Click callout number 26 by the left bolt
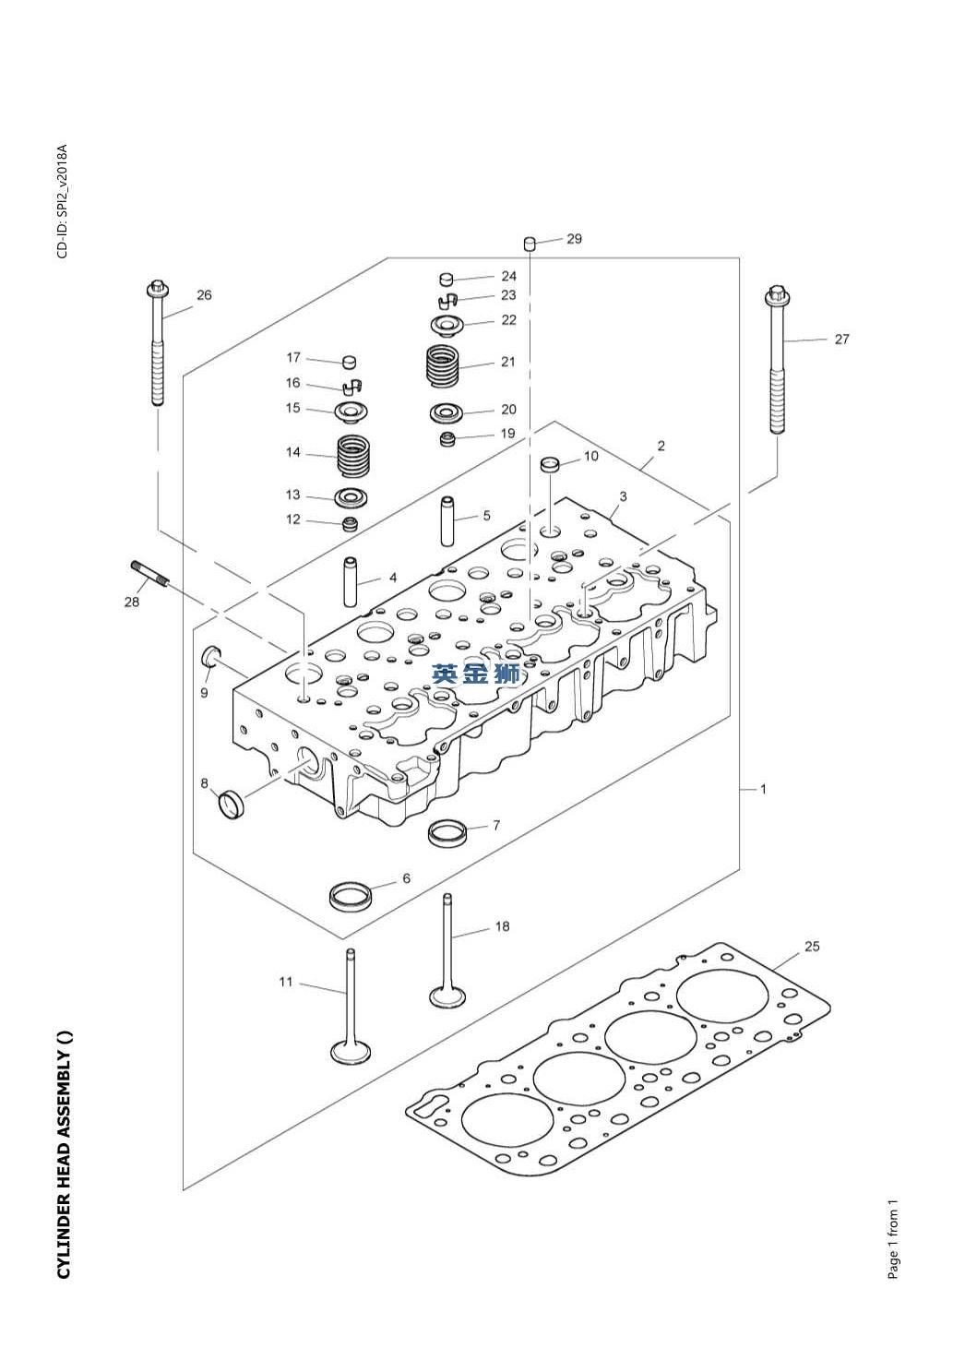point(204,295)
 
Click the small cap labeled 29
point(530,244)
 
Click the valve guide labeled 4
point(351,581)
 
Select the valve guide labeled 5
point(448,521)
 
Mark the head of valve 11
point(351,1053)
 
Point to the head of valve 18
point(447,997)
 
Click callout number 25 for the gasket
point(812,947)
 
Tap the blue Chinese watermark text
point(476,674)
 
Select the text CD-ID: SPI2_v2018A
point(63,201)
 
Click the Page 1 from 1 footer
point(893,1239)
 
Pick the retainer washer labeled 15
point(351,410)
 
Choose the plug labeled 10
point(551,463)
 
